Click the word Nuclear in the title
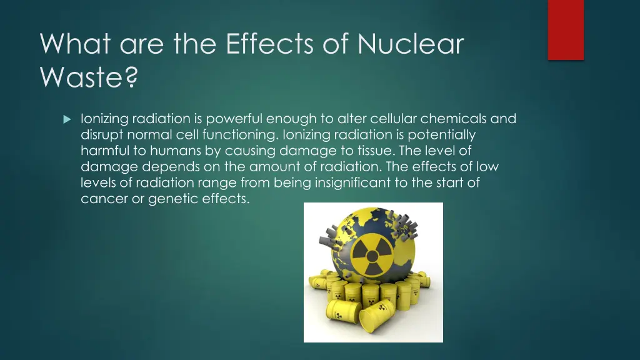pos(411,44)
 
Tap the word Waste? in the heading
pos(89,77)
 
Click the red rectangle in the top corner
pos(566,29)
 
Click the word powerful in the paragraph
pos(230,119)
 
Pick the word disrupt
pos(102,135)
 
